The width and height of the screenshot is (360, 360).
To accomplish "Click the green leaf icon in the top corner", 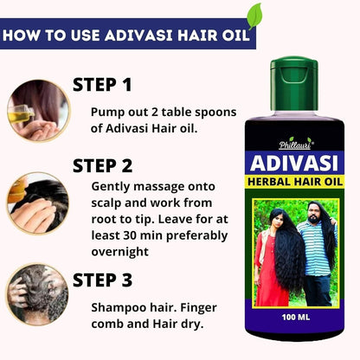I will [254, 15].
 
